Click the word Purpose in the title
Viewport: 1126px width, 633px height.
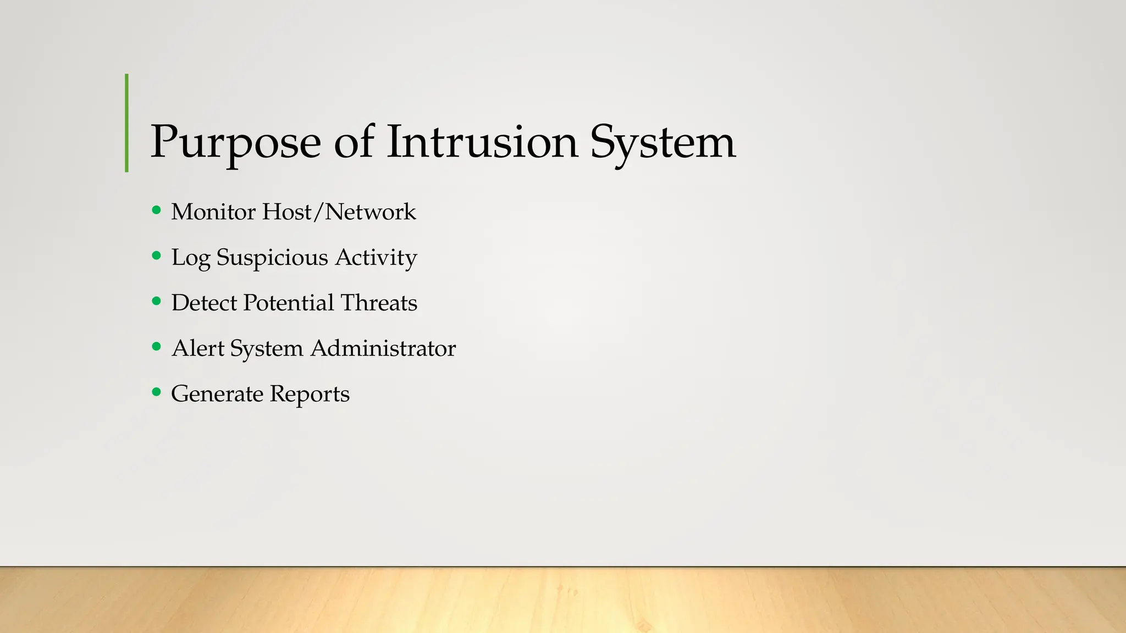click(235, 143)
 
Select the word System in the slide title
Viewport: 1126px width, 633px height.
click(663, 143)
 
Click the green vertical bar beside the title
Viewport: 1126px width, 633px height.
click(127, 123)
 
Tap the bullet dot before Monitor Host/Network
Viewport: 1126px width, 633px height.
click(157, 210)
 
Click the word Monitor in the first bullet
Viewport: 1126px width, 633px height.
click(213, 212)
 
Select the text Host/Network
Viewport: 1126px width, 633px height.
click(339, 212)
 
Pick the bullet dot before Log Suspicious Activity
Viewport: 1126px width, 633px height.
click(157, 256)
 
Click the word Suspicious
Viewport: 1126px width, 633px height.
click(272, 258)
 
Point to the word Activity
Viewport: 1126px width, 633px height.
click(376, 258)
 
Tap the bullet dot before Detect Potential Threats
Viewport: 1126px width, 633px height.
click(157, 301)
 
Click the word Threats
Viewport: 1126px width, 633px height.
click(379, 303)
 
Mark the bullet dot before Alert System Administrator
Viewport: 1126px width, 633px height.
click(157, 347)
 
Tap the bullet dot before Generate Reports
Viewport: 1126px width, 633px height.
click(157, 392)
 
